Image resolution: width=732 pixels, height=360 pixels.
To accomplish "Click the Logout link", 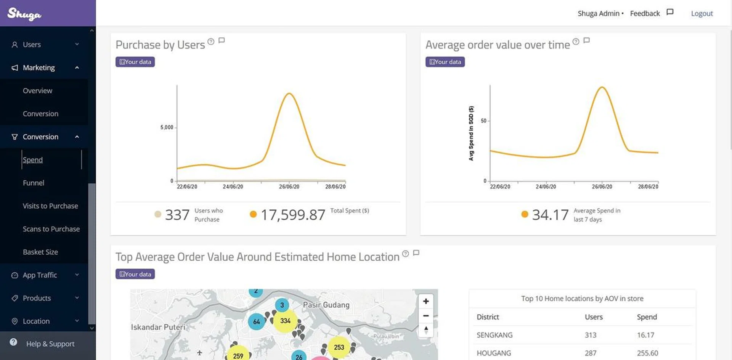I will (x=701, y=13).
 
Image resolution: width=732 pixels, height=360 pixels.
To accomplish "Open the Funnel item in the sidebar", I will (x=34, y=183).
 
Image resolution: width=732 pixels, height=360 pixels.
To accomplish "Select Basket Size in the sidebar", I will (x=40, y=252).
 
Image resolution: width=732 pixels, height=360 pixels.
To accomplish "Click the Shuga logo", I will (x=24, y=14).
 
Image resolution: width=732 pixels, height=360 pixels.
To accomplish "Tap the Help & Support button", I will (x=50, y=344).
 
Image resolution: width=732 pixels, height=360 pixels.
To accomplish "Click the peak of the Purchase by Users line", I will (x=289, y=93).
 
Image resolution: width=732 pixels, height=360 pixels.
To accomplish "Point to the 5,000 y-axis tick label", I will (x=167, y=127).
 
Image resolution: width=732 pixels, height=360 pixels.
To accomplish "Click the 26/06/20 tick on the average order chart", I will (x=602, y=186).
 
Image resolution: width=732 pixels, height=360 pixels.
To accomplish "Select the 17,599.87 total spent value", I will (x=293, y=215).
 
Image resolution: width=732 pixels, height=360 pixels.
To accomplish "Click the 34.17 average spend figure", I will (x=550, y=215).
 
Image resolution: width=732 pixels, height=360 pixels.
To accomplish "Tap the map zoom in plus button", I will (x=426, y=301).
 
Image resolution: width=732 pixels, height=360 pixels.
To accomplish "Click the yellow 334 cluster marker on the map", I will (x=285, y=321).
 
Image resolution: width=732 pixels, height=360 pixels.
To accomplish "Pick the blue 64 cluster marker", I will (x=257, y=322).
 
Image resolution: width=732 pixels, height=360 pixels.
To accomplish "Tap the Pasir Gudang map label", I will (x=326, y=305).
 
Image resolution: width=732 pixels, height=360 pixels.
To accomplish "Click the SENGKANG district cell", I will (x=494, y=335).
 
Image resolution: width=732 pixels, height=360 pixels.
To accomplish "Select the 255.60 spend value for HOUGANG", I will (x=647, y=353).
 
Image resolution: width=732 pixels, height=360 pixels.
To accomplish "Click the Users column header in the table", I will (x=594, y=317).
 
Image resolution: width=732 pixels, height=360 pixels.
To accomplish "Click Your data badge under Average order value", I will (x=445, y=62).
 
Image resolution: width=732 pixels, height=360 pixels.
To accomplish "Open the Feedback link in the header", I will (x=645, y=13).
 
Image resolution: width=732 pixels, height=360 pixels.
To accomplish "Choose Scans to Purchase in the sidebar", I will (x=51, y=229).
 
